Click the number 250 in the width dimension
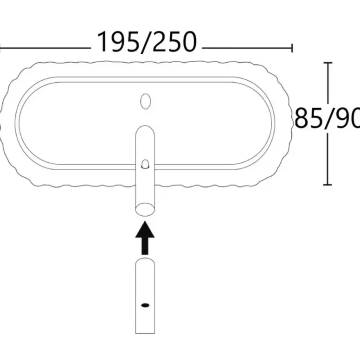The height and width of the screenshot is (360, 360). click(x=175, y=42)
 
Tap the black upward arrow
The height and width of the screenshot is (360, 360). click(x=145, y=237)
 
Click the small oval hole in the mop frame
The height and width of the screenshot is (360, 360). click(x=145, y=101)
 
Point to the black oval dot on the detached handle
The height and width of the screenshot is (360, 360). click(x=145, y=305)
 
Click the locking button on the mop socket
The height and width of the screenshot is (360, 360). click(x=145, y=164)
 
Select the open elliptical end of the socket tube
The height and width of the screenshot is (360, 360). click(x=145, y=209)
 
